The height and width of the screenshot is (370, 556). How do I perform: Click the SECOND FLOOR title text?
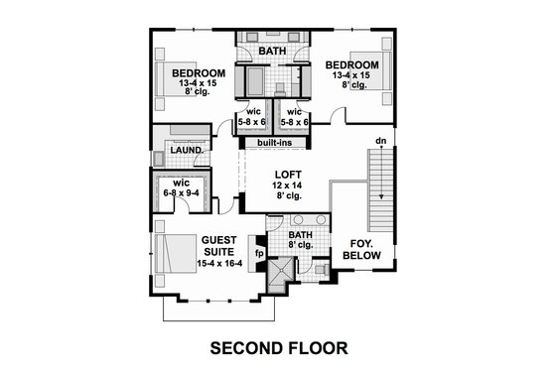point(278,348)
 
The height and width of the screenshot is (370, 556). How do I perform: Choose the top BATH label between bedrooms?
point(272,50)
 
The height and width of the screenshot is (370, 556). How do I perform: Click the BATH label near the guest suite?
point(300,235)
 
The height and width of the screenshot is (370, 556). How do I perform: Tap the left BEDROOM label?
point(199,73)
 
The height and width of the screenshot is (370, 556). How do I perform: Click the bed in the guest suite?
point(175,255)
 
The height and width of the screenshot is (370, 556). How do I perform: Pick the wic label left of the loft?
point(181,183)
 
